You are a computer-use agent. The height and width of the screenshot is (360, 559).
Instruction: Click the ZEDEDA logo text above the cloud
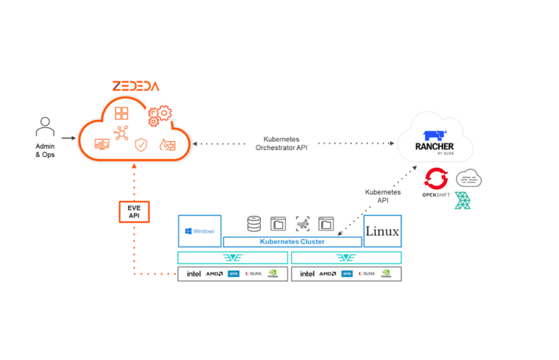click(x=135, y=86)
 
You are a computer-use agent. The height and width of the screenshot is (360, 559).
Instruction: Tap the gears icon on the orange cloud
click(x=159, y=114)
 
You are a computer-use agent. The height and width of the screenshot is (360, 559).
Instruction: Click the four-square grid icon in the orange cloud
click(x=122, y=113)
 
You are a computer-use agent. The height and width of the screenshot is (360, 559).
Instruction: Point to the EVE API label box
click(x=133, y=212)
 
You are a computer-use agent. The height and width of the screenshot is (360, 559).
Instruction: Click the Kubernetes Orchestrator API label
click(x=281, y=143)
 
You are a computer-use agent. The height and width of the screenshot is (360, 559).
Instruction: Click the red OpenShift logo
click(x=437, y=179)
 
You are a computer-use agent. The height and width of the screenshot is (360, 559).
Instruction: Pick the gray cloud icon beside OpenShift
click(x=469, y=176)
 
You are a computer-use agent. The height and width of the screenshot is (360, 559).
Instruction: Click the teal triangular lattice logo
click(x=463, y=201)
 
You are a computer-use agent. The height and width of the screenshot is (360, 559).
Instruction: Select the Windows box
click(x=199, y=231)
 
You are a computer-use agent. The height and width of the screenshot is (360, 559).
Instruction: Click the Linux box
click(x=382, y=231)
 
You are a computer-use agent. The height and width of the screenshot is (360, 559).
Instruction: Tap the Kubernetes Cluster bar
click(x=292, y=241)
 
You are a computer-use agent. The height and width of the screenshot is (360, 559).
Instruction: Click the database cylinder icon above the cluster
click(x=253, y=223)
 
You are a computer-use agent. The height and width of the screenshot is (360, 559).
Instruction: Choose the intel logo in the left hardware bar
click(x=194, y=274)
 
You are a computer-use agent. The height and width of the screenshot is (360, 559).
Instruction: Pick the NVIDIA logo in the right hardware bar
click(x=386, y=274)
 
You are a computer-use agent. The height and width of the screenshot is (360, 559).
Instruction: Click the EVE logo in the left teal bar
click(x=233, y=257)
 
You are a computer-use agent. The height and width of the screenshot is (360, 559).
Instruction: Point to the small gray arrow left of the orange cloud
click(x=68, y=138)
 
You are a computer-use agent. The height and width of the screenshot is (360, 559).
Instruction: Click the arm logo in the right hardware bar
click(x=346, y=274)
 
